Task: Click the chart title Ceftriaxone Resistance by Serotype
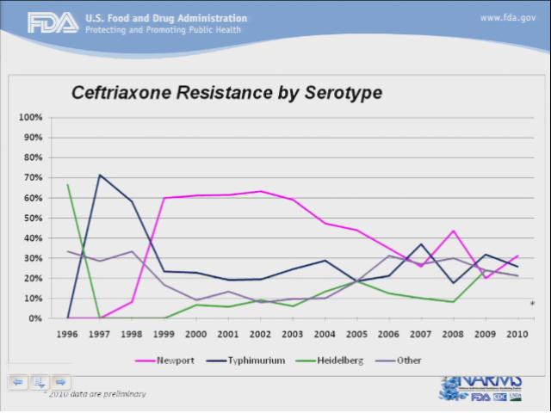pyautogui.click(x=226, y=91)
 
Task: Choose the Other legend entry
pyautogui.click(x=409, y=360)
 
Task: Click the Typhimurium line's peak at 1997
pyautogui.click(x=100, y=175)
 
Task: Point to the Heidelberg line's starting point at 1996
pyautogui.click(x=68, y=184)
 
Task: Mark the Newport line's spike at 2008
pyautogui.click(x=453, y=231)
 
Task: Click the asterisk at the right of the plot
pyautogui.click(x=532, y=304)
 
